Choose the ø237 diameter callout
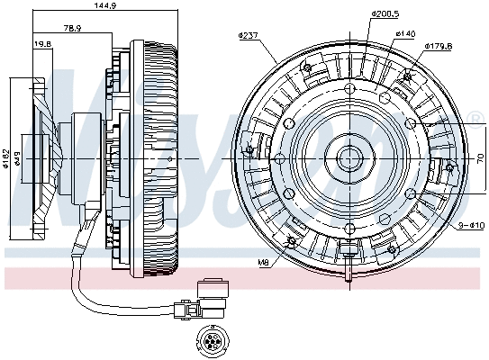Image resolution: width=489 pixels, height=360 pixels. tap(248, 36)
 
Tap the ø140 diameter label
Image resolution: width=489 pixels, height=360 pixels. tap(404, 33)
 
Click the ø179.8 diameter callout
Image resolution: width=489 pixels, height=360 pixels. tap(438, 44)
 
